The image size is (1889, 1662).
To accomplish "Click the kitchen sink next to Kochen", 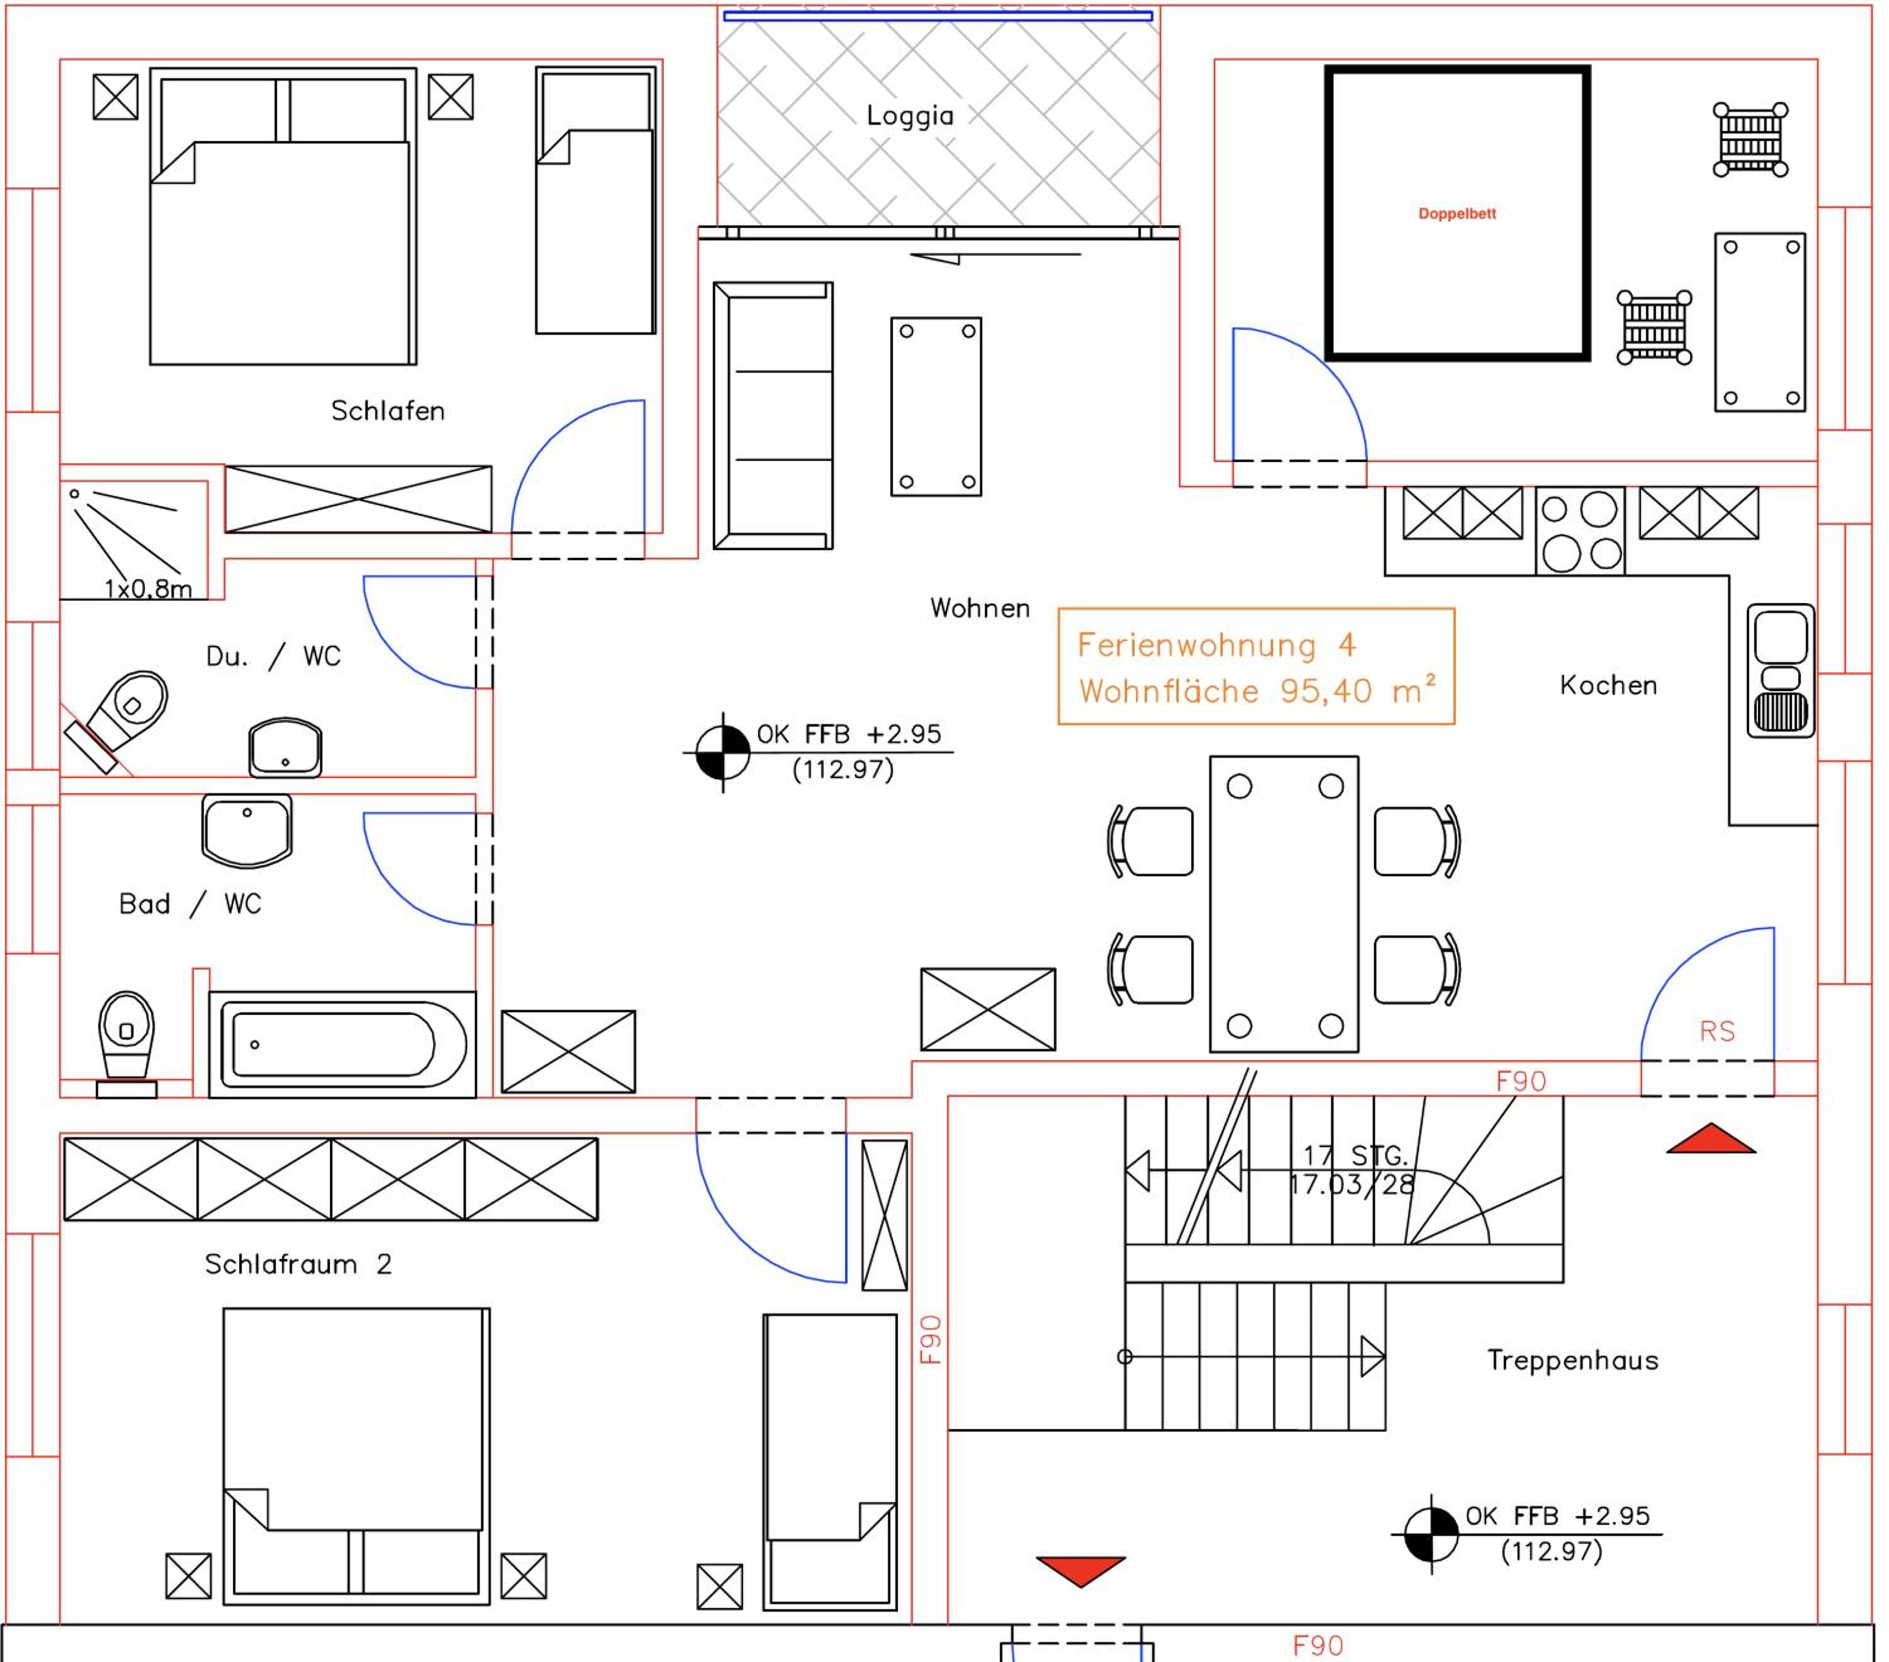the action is (1780, 670).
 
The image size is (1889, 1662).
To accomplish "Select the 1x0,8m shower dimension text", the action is (148, 589).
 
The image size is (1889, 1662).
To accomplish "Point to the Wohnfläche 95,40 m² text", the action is (1257, 690).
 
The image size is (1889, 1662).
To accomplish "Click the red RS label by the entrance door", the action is (1717, 1031).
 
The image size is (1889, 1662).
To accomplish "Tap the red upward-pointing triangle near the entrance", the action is (1711, 1138).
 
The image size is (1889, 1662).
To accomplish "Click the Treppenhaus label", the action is (1572, 1360).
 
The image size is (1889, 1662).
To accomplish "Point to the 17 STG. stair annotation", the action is (1355, 1155).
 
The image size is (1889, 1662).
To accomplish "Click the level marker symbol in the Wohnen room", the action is (723, 752).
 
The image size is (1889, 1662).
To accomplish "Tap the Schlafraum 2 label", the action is (298, 1264).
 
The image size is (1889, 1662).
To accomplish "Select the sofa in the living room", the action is (773, 415).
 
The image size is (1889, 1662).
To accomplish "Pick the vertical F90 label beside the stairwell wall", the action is (931, 1340).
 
